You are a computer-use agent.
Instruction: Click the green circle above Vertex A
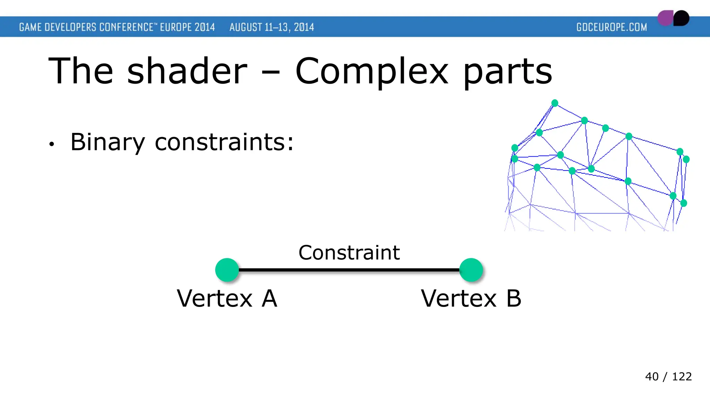pos(227,270)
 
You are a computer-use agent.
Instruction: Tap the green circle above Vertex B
pos(471,270)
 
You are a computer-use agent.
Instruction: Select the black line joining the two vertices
pos(349,270)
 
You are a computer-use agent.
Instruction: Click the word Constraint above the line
pos(349,252)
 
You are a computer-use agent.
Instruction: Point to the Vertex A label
pos(227,298)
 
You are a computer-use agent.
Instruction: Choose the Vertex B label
pos(471,298)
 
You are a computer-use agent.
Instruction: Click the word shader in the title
pos(187,71)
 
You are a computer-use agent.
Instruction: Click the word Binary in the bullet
pos(107,142)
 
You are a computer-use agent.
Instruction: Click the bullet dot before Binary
pos(52,144)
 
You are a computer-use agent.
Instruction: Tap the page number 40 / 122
pos(668,376)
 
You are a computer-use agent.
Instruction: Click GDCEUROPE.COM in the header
pos(612,27)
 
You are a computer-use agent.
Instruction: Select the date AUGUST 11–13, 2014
pos(271,27)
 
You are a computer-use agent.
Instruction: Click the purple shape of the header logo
pos(665,18)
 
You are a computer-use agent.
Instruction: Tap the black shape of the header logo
pos(682,18)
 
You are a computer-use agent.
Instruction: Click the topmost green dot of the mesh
pos(555,103)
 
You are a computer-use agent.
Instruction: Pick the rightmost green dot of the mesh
pos(686,159)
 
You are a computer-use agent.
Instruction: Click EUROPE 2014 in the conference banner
pos(187,27)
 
